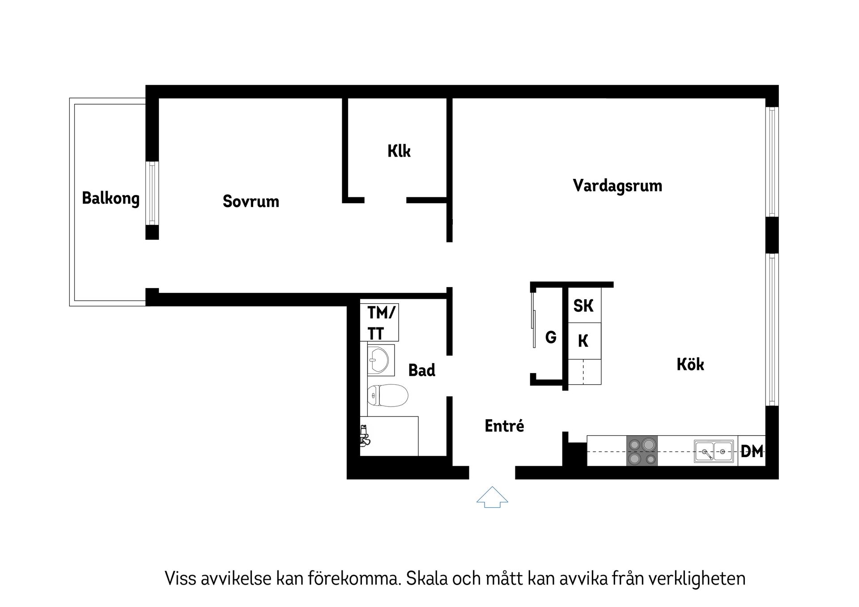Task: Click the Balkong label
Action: [x=111, y=198]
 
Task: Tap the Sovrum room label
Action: [x=251, y=201]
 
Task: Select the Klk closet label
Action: [x=399, y=151]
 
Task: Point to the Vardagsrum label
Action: [x=617, y=186]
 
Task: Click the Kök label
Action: [x=690, y=365]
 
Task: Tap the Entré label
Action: [x=504, y=426]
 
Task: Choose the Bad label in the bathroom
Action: [x=421, y=370]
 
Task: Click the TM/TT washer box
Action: [x=380, y=323]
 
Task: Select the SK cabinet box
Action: [x=583, y=306]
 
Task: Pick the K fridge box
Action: [x=583, y=341]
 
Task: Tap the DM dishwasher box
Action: [x=752, y=451]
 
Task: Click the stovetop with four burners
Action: [x=642, y=451]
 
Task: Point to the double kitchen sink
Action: [x=713, y=451]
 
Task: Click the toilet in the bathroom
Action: [x=387, y=395]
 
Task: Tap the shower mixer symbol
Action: [x=365, y=436]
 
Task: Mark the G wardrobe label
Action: [x=551, y=337]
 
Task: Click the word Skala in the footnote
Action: [x=427, y=578]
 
